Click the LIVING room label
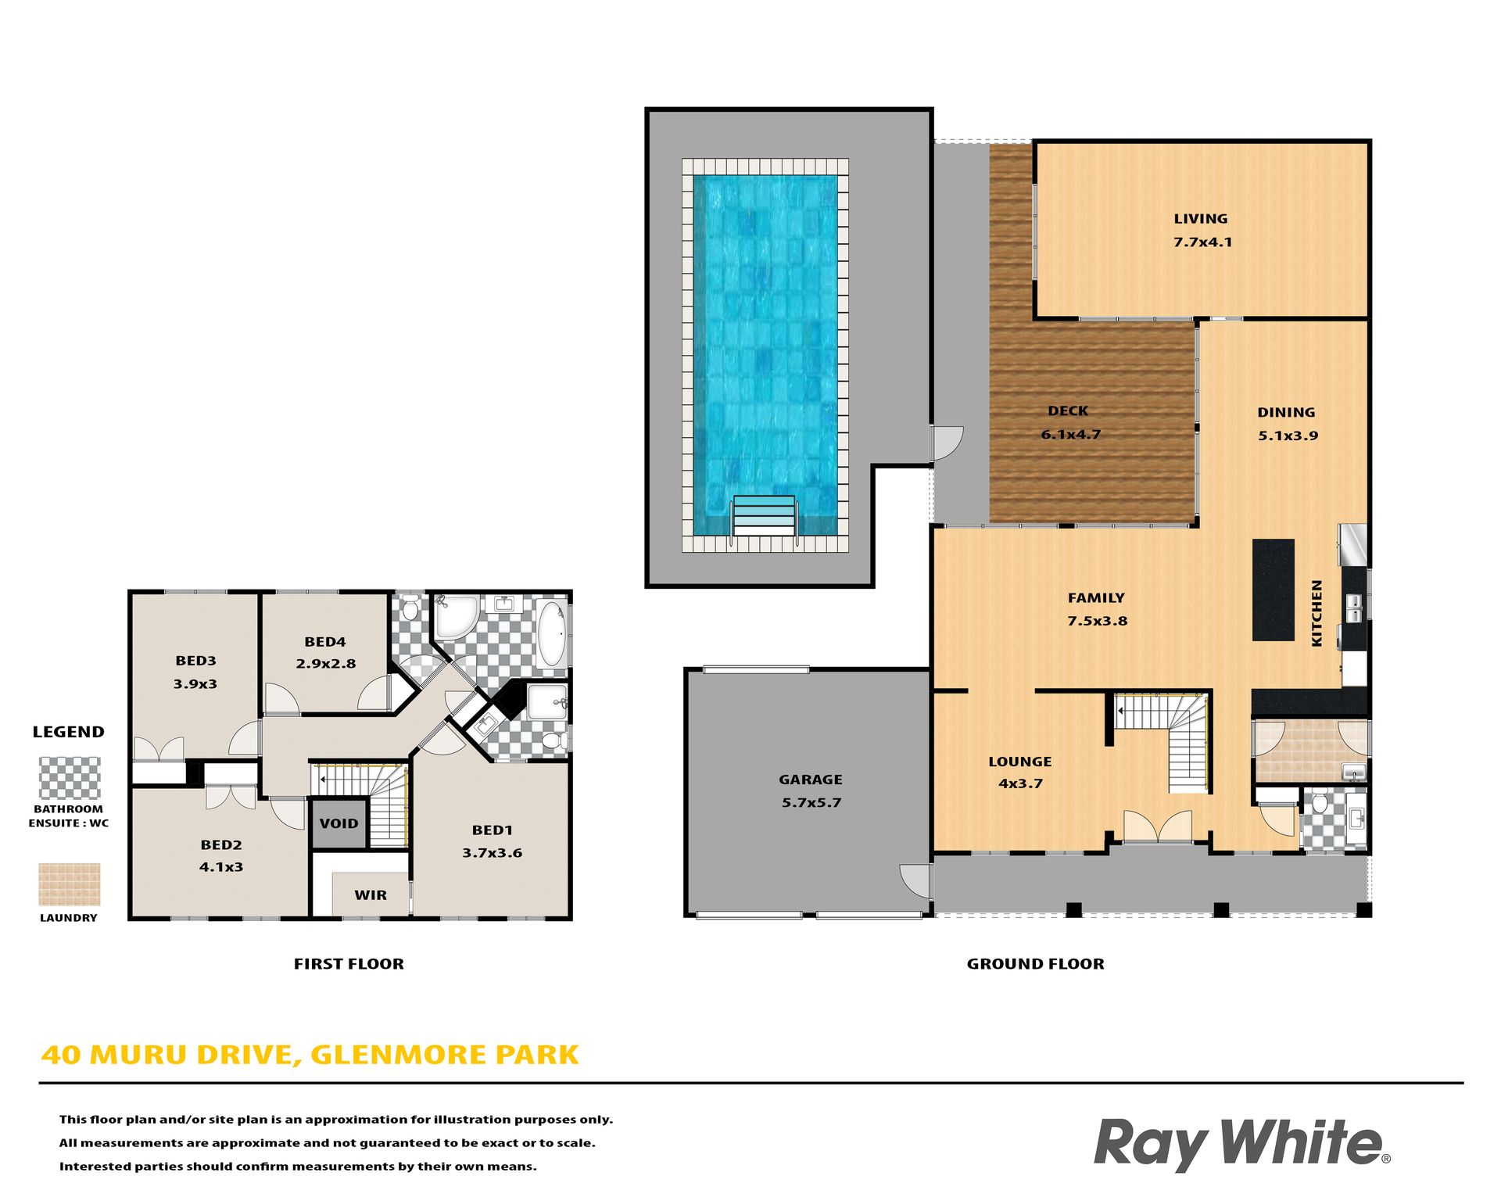click(x=1200, y=219)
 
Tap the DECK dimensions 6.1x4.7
click(x=1070, y=435)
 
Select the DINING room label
click(x=1286, y=412)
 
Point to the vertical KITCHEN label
click(x=1317, y=613)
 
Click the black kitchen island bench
click(x=1273, y=590)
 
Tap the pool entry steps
click(x=764, y=516)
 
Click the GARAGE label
click(x=811, y=780)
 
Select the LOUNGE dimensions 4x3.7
click(x=1020, y=783)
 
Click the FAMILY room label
click(x=1096, y=598)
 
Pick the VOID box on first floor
click(x=339, y=823)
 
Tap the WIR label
click(x=371, y=895)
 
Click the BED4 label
click(x=325, y=642)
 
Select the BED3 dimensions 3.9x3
click(x=195, y=684)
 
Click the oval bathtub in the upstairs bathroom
click(x=553, y=633)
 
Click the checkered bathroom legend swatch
click(x=70, y=778)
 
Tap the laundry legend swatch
click(x=70, y=884)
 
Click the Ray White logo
click(x=1242, y=1144)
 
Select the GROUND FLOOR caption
click(x=1036, y=964)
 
